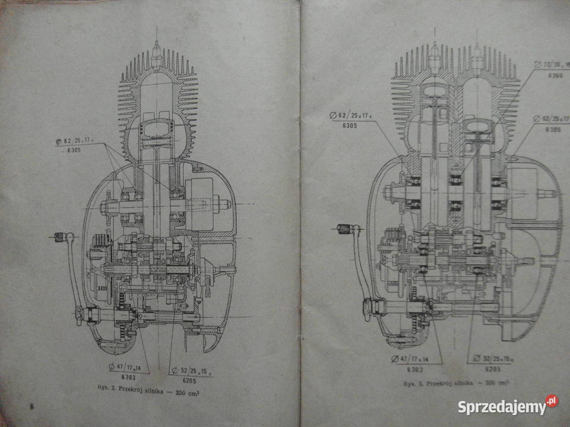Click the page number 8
click(x=31, y=405)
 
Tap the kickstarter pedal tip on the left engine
click(x=59, y=237)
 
